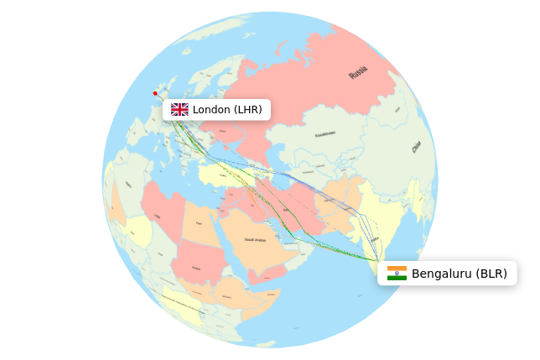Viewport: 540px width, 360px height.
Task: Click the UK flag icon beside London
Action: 179,109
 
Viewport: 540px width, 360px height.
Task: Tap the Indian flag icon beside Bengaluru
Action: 397,274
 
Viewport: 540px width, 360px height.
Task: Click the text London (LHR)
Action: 227,109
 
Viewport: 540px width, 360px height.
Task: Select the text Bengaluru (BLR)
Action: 459,274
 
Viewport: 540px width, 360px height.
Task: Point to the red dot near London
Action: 155,93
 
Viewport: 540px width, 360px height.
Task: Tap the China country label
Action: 416,147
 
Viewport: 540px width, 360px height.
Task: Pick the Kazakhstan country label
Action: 325,134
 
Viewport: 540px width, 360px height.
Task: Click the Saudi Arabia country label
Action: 255,240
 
